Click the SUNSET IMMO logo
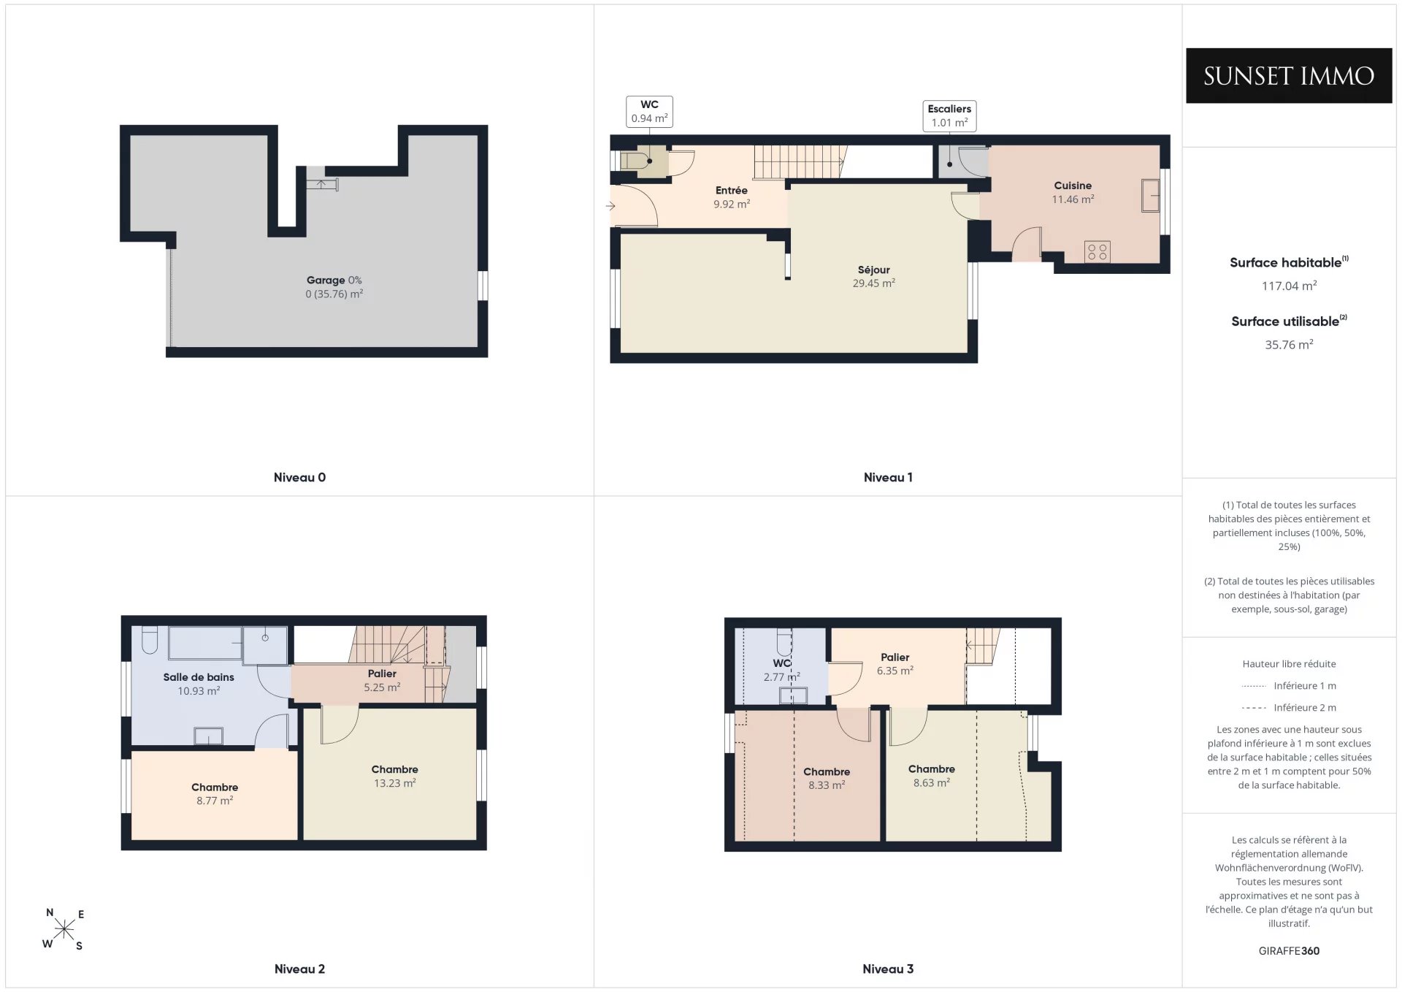pyautogui.click(x=1289, y=76)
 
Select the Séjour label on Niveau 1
pyautogui.click(x=873, y=270)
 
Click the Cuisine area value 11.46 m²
pyautogui.click(x=1073, y=199)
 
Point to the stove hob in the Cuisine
pyautogui.click(x=1097, y=252)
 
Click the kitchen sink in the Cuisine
pyautogui.click(x=1150, y=196)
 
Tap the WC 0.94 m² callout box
pyautogui.click(x=649, y=112)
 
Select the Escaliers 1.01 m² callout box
pyautogui.click(x=949, y=116)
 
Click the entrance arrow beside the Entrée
pyautogui.click(x=610, y=207)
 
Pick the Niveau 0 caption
pyautogui.click(x=299, y=478)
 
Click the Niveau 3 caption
pyautogui.click(x=888, y=969)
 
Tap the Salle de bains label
pyautogui.click(x=199, y=678)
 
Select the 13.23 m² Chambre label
pyautogui.click(x=394, y=777)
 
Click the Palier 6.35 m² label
pyautogui.click(x=895, y=664)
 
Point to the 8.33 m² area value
pyautogui.click(x=827, y=786)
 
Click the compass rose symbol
pyautogui.click(x=64, y=929)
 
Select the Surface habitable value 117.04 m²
pyautogui.click(x=1289, y=286)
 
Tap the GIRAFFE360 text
pyautogui.click(x=1289, y=951)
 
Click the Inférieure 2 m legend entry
pyautogui.click(x=1289, y=708)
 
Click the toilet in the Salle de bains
pyautogui.click(x=150, y=639)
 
